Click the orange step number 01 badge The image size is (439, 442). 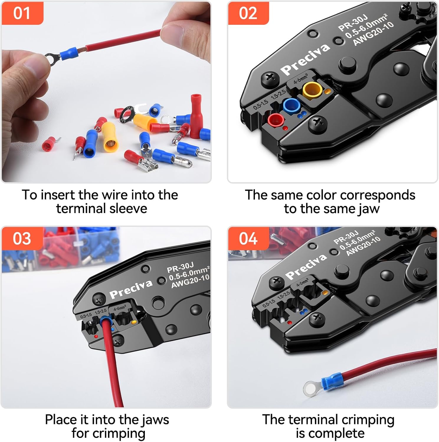[22, 13]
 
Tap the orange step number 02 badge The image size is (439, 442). [248, 13]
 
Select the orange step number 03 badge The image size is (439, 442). [22, 238]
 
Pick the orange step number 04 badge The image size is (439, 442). [248, 238]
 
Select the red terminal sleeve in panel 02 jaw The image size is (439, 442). [276, 120]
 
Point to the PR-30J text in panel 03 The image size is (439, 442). [180, 268]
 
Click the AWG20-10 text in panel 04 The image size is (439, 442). [363, 246]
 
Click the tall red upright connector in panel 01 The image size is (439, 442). [196, 116]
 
